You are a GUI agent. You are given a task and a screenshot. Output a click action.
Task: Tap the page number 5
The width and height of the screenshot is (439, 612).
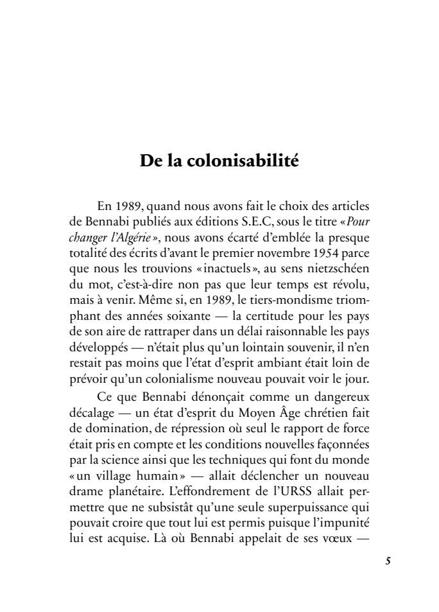coord(388,560)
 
